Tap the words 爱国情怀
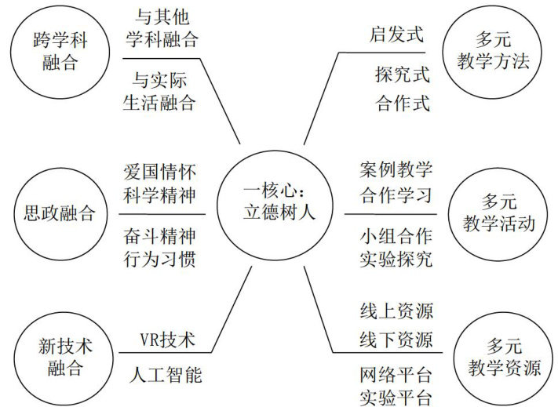pyautogui.click(x=159, y=172)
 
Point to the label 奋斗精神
pyautogui.click(x=159, y=234)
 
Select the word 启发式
pyautogui.click(x=396, y=35)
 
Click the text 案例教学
pyautogui.click(x=396, y=170)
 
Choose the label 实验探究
pyautogui.click(x=396, y=260)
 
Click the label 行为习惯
pyautogui.click(x=159, y=259)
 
